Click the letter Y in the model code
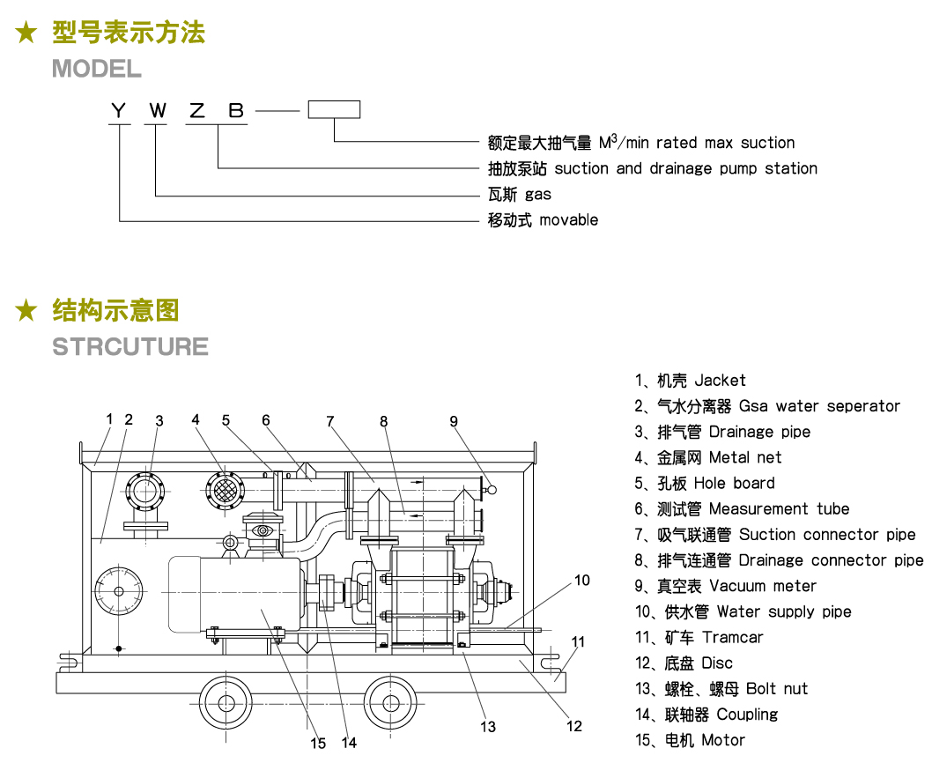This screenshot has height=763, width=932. click(119, 110)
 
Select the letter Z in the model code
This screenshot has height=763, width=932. click(197, 110)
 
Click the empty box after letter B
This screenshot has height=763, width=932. click(334, 110)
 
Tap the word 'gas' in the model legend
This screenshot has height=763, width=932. click(538, 194)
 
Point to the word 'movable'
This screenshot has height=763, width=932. click(568, 219)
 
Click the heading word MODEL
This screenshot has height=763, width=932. click(96, 69)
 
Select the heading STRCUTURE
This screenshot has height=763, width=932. click(130, 346)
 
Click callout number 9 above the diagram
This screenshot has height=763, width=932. click(454, 421)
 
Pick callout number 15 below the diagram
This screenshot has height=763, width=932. click(318, 743)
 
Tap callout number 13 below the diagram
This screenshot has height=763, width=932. click(488, 726)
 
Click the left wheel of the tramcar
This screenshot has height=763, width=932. click(227, 703)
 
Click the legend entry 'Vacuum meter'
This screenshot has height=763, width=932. click(762, 586)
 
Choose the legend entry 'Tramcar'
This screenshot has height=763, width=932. click(732, 637)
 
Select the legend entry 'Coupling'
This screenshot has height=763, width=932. click(747, 714)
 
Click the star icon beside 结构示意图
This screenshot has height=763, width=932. click(27, 310)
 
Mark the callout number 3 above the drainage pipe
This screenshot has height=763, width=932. click(159, 421)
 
